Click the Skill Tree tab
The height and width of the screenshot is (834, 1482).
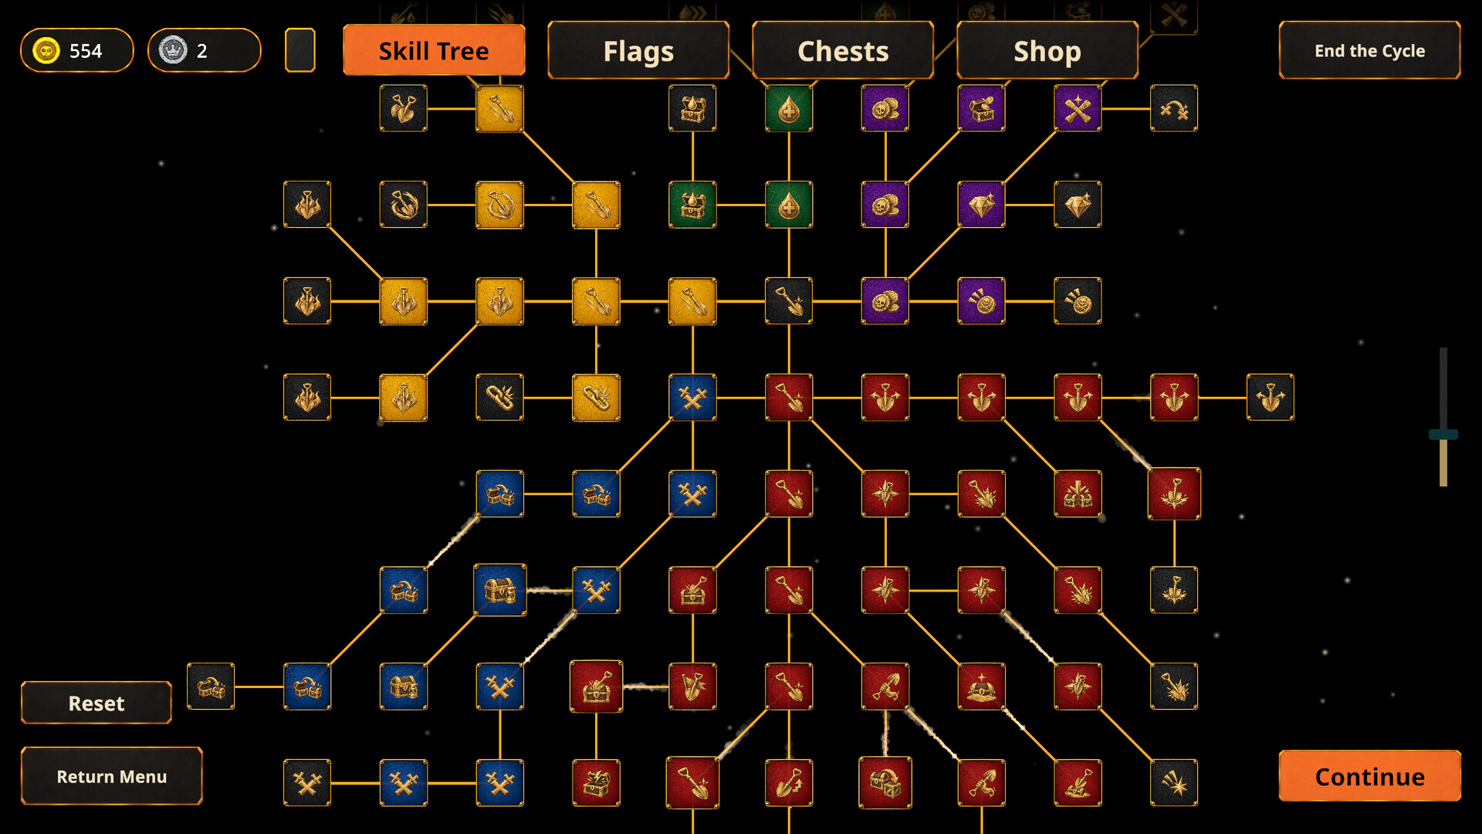click(x=434, y=50)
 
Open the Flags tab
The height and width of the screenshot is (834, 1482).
click(x=638, y=50)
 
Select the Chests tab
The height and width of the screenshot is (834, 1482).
click(x=843, y=50)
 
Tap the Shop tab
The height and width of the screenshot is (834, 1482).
click(x=1047, y=50)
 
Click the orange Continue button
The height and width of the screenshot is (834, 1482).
click(x=1370, y=776)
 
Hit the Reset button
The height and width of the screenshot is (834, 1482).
click(x=96, y=703)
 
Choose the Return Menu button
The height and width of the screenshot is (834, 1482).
click(x=112, y=776)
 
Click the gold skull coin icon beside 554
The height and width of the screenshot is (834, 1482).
click(x=46, y=50)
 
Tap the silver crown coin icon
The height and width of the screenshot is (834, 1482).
click(x=173, y=50)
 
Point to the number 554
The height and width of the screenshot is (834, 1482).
click(x=86, y=51)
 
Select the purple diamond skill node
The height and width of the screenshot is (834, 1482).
click(x=982, y=205)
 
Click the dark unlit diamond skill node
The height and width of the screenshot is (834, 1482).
click(x=1078, y=205)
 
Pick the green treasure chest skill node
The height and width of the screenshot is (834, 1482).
click(x=692, y=205)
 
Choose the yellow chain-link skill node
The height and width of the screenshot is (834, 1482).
click(x=596, y=398)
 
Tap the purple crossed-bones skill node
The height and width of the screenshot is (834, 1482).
click(x=1078, y=108)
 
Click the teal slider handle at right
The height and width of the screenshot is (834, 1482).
click(x=1443, y=435)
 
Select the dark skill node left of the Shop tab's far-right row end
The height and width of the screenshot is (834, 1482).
click(x=1174, y=108)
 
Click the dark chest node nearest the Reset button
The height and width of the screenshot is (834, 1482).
click(x=211, y=687)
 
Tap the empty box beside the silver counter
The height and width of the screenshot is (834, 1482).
click(x=300, y=50)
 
